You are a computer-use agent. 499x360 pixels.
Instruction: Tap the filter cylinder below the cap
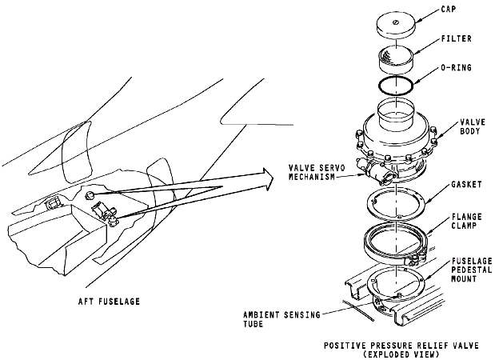pyautogui.click(x=397, y=58)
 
